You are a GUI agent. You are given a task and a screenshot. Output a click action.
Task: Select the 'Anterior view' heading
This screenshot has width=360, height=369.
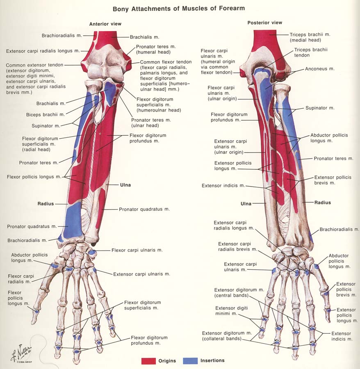[x=105, y=24]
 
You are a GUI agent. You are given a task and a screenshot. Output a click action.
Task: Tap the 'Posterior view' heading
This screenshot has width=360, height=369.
[x=265, y=23]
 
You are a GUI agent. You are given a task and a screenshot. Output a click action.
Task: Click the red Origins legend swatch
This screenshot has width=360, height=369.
[x=148, y=361]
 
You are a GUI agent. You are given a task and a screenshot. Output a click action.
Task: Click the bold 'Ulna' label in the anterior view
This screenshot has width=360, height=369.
[x=125, y=185]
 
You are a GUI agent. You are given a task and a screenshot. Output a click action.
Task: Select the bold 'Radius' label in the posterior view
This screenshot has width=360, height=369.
[x=322, y=203]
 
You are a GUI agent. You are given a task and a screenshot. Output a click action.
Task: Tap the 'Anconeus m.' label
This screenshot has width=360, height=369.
[x=319, y=69]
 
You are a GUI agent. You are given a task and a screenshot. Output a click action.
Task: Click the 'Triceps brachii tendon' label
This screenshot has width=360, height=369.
[x=310, y=52]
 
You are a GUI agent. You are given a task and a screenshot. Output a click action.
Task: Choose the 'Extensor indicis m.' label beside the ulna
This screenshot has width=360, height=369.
[x=223, y=186]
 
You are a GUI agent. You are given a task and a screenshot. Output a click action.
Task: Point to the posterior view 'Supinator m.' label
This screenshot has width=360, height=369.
[x=320, y=108]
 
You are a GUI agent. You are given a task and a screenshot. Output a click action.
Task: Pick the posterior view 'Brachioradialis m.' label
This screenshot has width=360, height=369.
[x=339, y=230]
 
